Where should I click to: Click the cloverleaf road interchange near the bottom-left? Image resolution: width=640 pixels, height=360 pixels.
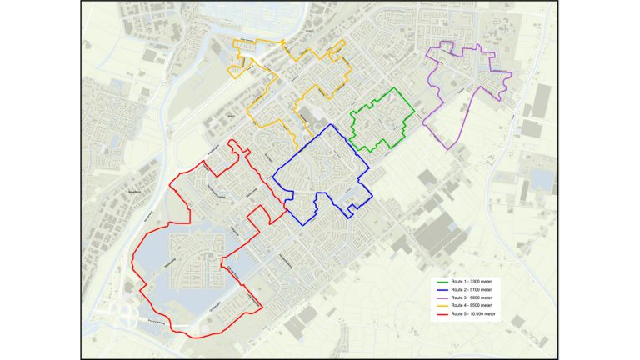click(127, 314)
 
